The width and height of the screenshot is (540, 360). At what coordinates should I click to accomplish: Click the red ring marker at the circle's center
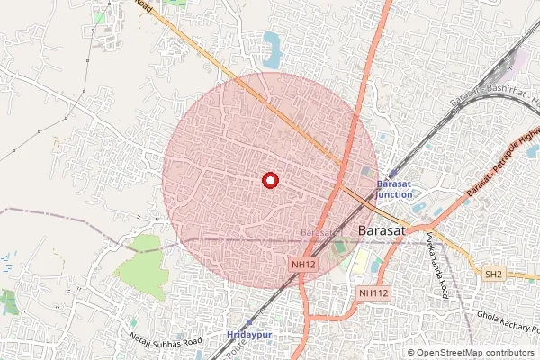pyautogui.click(x=269, y=180)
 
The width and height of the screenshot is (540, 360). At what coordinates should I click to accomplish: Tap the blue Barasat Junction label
pyautogui.click(x=394, y=188)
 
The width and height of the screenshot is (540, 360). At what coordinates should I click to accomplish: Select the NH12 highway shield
pyautogui.click(x=304, y=265)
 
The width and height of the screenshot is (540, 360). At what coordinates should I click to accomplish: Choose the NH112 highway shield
pyautogui.click(x=373, y=292)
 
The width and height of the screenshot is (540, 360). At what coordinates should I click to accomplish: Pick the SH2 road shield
pyautogui.click(x=492, y=274)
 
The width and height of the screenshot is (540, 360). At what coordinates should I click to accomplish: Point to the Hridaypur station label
pyautogui.click(x=250, y=334)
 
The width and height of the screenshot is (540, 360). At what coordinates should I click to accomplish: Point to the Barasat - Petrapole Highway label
pyautogui.click(x=504, y=165)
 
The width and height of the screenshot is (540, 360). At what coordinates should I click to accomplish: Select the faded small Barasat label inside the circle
pyautogui.click(x=318, y=232)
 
